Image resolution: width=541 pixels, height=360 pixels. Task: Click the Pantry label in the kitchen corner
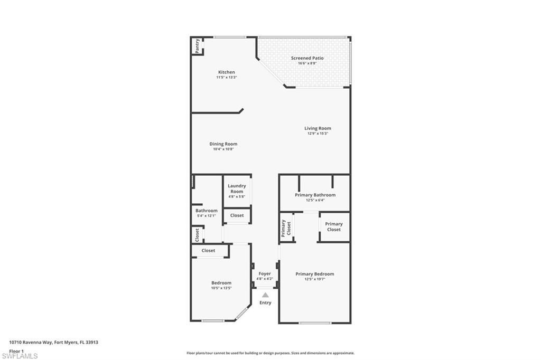coord(197,45)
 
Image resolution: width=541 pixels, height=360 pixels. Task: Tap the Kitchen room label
coord(227,72)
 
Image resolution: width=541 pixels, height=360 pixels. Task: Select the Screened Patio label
coord(307,58)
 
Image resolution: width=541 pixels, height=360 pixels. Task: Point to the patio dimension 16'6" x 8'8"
coord(307,63)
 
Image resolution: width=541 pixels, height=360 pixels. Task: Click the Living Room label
coord(318,128)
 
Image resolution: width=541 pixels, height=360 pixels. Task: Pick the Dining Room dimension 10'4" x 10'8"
coord(223,149)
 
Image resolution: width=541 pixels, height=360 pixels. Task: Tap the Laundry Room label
coord(237,188)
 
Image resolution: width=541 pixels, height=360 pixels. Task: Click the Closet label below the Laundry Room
coord(237,215)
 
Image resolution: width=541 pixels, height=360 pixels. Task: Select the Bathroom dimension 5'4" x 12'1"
coord(206,216)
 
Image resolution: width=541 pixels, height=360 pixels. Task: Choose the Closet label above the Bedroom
coord(209,251)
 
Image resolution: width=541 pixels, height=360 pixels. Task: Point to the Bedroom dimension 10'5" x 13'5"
coord(221,288)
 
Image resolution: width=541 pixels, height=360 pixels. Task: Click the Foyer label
coord(265,274)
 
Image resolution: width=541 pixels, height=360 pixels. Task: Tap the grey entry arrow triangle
coord(265,295)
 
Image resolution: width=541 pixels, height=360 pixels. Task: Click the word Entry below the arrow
coord(265,302)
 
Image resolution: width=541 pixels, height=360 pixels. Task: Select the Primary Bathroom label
coord(315,195)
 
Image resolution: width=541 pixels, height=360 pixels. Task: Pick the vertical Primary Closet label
coord(286,228)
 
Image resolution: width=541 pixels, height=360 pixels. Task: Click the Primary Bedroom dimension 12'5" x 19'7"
coord(314,279)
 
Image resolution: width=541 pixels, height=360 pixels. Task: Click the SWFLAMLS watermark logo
coord(20,356)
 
